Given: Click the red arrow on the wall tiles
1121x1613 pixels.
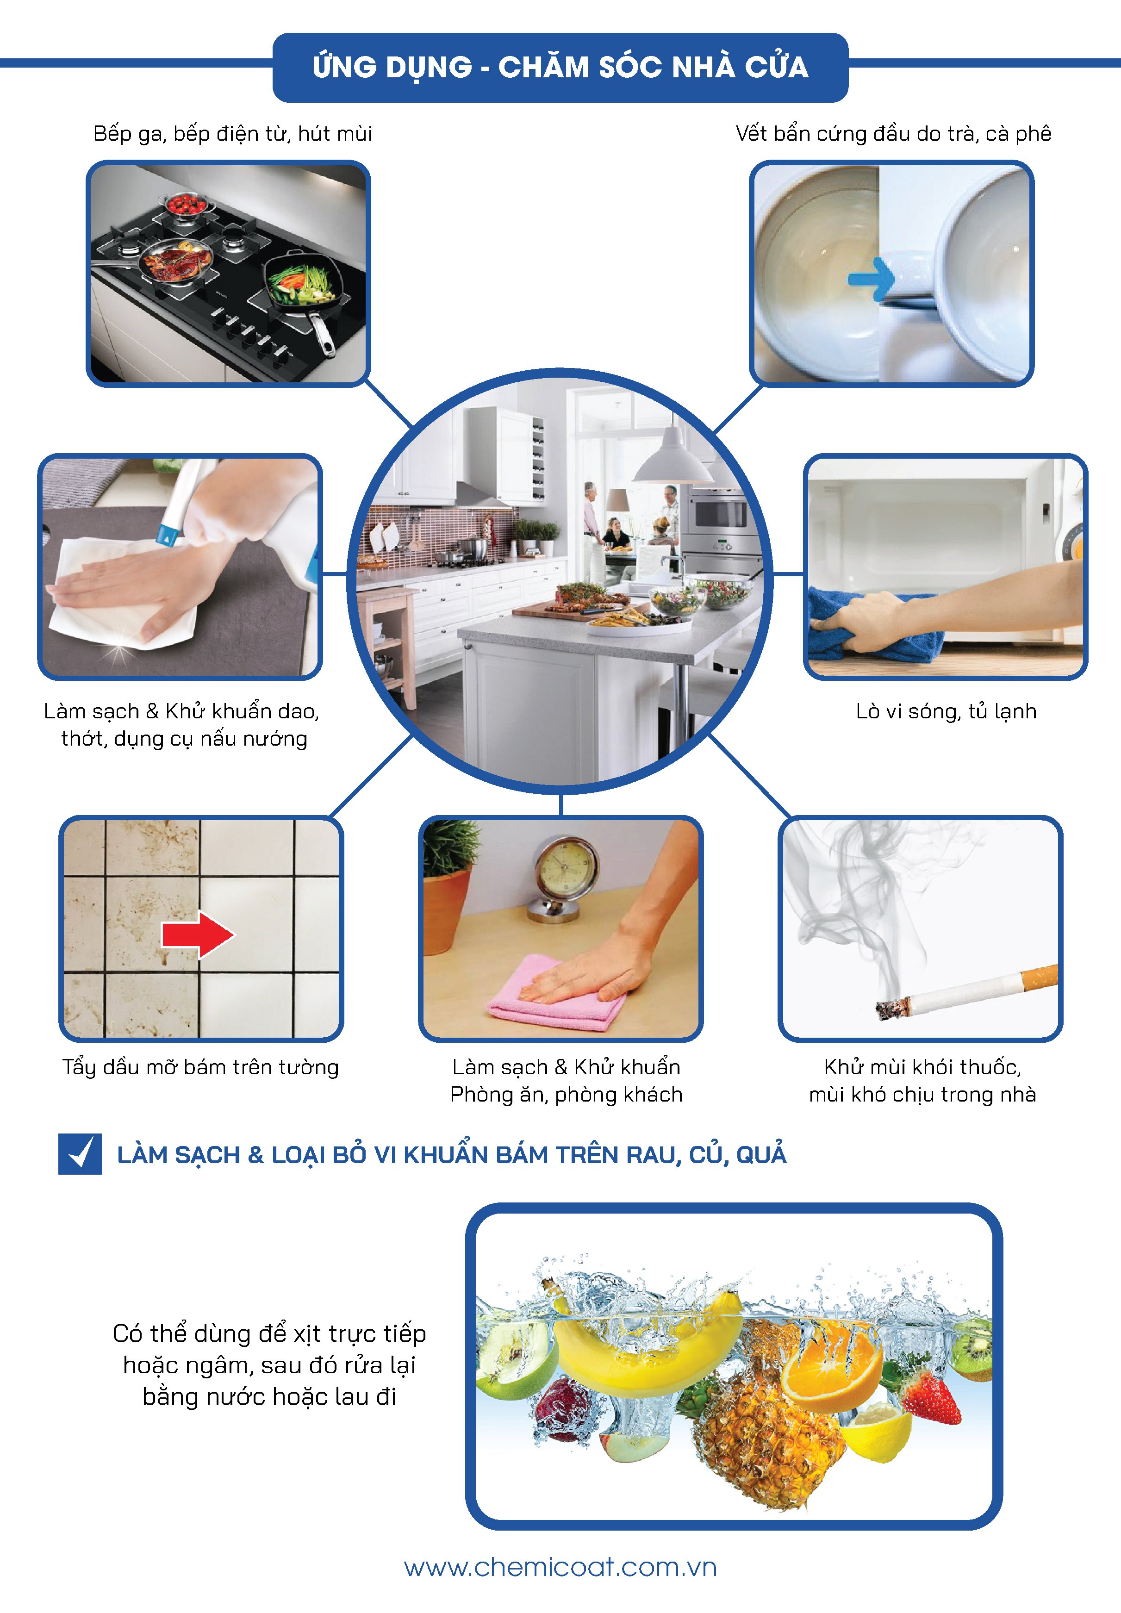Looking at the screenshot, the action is [x=198, y=934].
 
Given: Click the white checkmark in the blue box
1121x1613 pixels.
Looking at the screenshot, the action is [x=81, y=1154].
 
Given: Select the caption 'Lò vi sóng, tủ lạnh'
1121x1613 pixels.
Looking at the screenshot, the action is [x=946, y=711].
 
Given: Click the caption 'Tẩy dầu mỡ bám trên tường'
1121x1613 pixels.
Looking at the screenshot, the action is [x=201, y=1067].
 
